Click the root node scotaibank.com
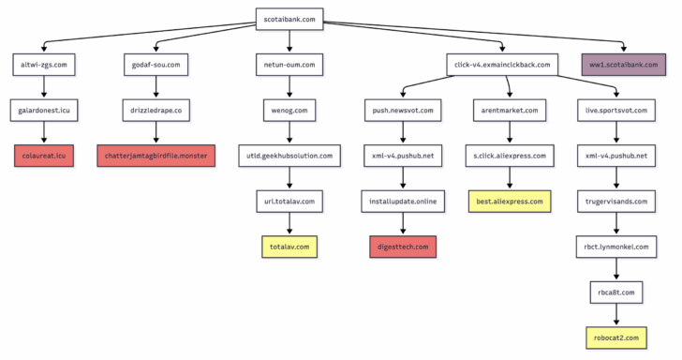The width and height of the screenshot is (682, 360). coord(289,17)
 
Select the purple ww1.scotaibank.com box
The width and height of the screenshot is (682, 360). coord(624,65)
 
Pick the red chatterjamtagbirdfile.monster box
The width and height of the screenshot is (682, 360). coord(156,155)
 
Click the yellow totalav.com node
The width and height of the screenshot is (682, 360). coord(289,247)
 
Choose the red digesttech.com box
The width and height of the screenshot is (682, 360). coord(403,247)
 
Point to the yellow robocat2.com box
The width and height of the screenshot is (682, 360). coord(615,337)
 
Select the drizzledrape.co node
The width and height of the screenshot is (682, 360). coord(156,110)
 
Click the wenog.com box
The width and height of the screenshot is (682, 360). coord(289,110)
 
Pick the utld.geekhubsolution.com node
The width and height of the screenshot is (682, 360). coord(289,156)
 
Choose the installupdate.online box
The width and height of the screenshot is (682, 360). coord(403,201)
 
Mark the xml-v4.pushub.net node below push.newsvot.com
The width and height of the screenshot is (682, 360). coord(403,156)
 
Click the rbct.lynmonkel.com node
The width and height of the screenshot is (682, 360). coord(615,247)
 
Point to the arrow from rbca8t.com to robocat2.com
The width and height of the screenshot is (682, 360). coord(615,314)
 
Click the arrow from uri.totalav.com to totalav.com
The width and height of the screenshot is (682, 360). coord(289,224)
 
